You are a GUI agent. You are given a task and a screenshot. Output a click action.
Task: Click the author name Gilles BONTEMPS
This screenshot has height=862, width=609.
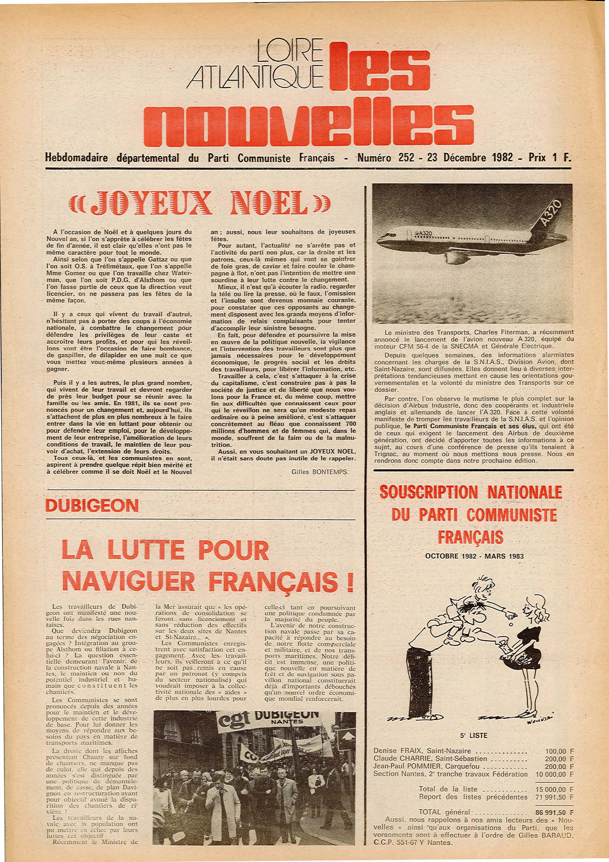click(x=320, y=472)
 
